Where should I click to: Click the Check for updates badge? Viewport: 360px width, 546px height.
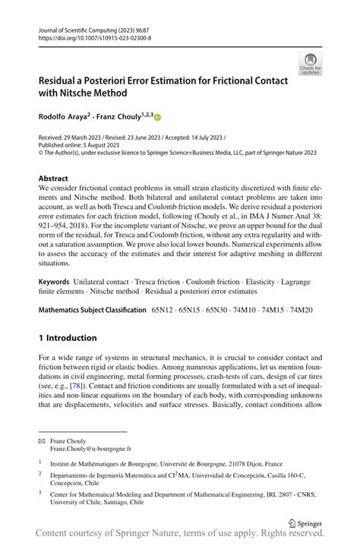[x=310, y=64]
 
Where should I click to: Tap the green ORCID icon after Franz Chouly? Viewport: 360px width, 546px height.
[x=158, y=117]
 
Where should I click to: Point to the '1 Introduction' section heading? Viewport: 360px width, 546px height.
[x=68, y=337]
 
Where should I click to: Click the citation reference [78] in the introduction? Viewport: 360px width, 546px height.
[x=77, y=386]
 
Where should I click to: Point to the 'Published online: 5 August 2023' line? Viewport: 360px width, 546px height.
[x=78, y=144]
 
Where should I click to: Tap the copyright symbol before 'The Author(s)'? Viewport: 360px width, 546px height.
[x=42, y=152]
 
